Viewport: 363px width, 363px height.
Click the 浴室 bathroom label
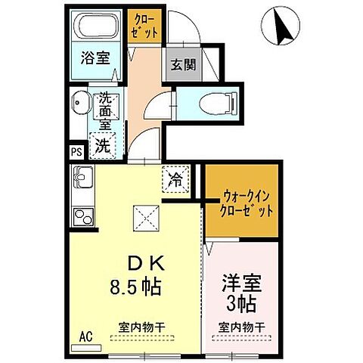(x=96, y=57)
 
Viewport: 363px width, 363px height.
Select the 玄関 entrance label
(x=183, y=65)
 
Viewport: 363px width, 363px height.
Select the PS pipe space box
(x=76, y=151)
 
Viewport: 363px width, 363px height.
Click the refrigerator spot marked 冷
(x=175, y=180)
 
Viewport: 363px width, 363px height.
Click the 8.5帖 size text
(x=137, y=287)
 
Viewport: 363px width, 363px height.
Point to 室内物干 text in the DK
(x=141, y=327)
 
